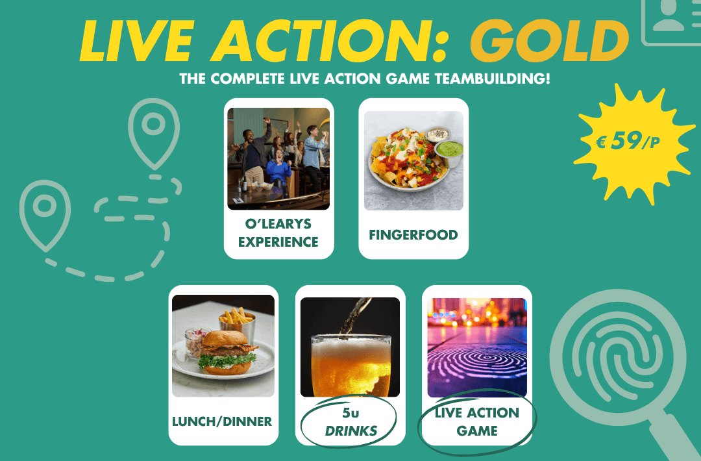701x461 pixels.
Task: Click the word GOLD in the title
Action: point(550,40)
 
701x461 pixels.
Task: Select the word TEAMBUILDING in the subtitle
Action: point(492,79)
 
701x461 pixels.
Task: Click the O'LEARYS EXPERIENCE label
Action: point(278,232)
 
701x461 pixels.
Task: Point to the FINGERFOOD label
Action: point(413,235)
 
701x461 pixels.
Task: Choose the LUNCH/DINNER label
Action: point(222,421)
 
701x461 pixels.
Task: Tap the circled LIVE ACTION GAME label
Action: point(477,421)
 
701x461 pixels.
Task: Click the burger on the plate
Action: point(227,353)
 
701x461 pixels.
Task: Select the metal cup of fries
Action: point(237,325)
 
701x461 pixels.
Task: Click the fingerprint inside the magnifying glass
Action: point(619,358)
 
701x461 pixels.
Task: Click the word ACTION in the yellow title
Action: point(328,41)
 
